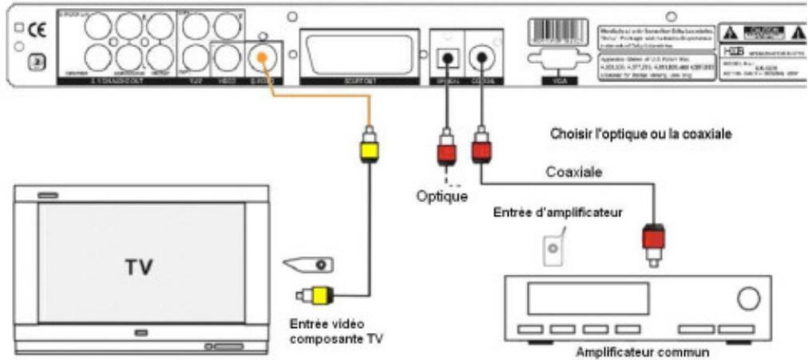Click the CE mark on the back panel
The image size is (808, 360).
click(x=37, y=33)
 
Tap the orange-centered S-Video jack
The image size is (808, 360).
click(x=260, y=57)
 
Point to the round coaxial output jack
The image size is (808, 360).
click(x=482, y=57)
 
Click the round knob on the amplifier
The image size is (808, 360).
click(x=748, y=299)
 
